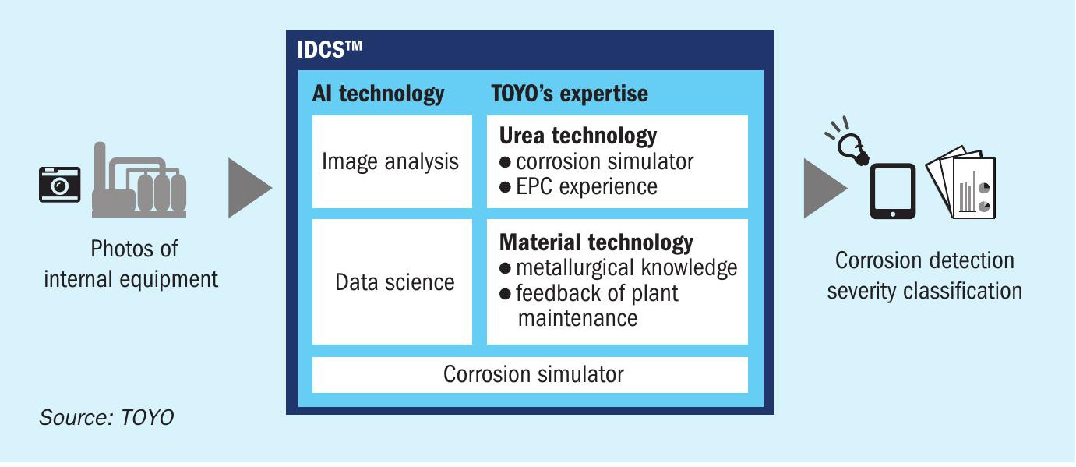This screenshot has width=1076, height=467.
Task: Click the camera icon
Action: click(59, 184)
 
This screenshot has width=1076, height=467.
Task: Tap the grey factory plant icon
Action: click(139, 179)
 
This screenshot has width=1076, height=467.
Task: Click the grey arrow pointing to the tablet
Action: click(825, 188)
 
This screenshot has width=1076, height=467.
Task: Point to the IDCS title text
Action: click(330, 50)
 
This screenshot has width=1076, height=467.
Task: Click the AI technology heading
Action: click(378, 94)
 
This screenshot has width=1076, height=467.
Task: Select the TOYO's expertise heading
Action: click(570, 94)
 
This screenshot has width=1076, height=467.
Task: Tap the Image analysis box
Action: click(392, 161)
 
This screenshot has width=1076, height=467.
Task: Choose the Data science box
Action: click(392, 281)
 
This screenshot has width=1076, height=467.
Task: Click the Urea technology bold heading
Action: click(578, 136)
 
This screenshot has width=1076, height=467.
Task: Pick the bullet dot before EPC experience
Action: click(505, 187)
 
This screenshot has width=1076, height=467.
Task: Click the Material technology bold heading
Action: click(596, 242)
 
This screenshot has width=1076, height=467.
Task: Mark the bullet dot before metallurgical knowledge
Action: click(505, 268)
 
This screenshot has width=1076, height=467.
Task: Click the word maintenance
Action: click(577, 318)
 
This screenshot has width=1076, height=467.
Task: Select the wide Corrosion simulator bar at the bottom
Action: click(530, 375)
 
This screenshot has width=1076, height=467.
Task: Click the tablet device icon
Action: click(892, 191)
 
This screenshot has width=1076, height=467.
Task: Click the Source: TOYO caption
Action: click(107, 418)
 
